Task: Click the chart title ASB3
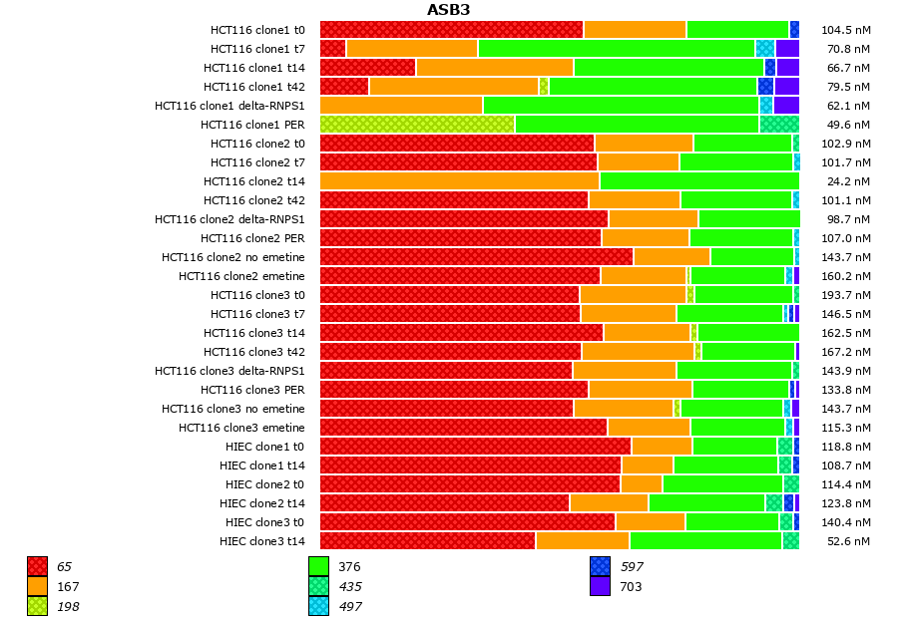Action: [448, 10]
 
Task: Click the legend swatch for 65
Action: [37, 566]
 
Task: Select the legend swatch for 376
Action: [318, 566]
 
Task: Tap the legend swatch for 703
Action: [600, 586]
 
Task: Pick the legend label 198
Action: [68, 606]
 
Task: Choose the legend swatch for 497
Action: [318, 606]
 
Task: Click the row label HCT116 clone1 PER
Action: [252, 125]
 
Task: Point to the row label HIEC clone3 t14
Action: [262, 541]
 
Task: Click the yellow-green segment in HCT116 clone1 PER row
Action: [417, 124]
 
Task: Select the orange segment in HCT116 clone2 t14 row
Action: [459, 180]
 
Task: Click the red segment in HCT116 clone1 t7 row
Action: [332, 48]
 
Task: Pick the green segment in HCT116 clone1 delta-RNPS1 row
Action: [621, 105]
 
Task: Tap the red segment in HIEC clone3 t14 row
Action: [427, 540]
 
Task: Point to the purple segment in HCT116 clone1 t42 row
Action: [787, 86]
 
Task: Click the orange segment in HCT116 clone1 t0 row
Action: [635, 29]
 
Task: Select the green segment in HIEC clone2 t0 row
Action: [722, 483]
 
